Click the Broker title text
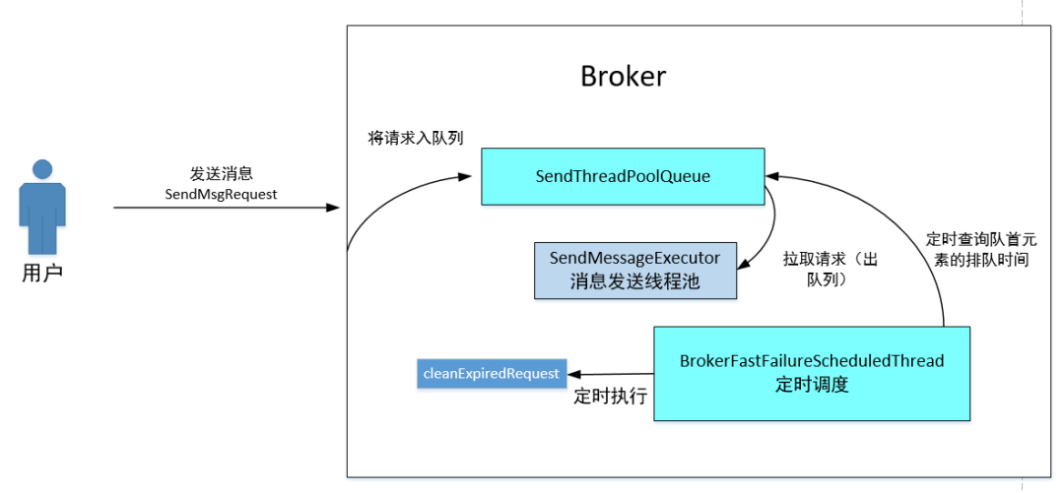point(623,76)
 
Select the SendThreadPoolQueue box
point(623,176)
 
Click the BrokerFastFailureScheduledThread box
point(812,373)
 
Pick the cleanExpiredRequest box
point(492,373)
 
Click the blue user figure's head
point(41,169)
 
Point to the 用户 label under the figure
point(41,273)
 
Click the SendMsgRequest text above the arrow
point(221,194)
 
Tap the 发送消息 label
point(221,173)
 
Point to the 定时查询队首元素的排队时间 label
point(980,250)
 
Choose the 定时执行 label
point(610,397)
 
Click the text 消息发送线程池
point(634,281)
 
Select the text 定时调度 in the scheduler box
point(812,385)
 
